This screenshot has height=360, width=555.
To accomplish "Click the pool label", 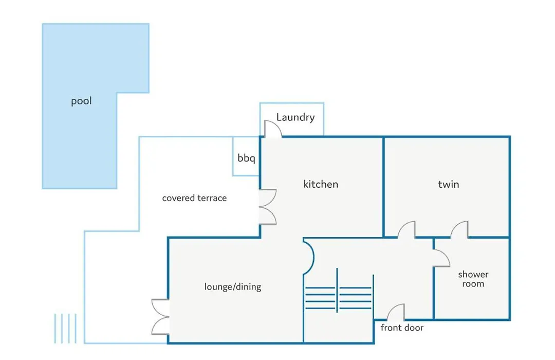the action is point(81,101).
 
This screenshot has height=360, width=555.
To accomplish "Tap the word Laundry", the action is point(295,117).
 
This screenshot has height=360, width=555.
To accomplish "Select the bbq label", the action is point(246,158).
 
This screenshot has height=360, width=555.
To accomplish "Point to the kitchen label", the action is point(321,184).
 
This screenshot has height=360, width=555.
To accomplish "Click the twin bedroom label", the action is point(449,184).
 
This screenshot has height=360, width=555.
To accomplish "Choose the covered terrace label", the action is point(194,198).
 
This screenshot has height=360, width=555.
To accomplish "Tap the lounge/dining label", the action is point(233,286).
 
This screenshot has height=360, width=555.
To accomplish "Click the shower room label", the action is point(473,279).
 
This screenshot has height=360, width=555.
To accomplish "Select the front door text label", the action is point(402,328).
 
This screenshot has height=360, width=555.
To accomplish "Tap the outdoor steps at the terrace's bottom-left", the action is point(65,329).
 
